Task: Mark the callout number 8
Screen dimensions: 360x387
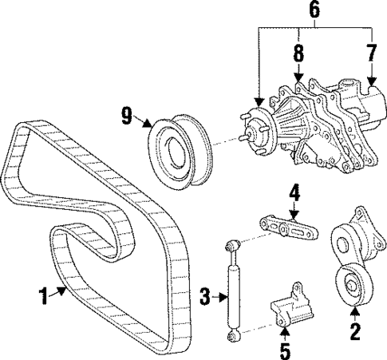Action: point(297,53)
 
